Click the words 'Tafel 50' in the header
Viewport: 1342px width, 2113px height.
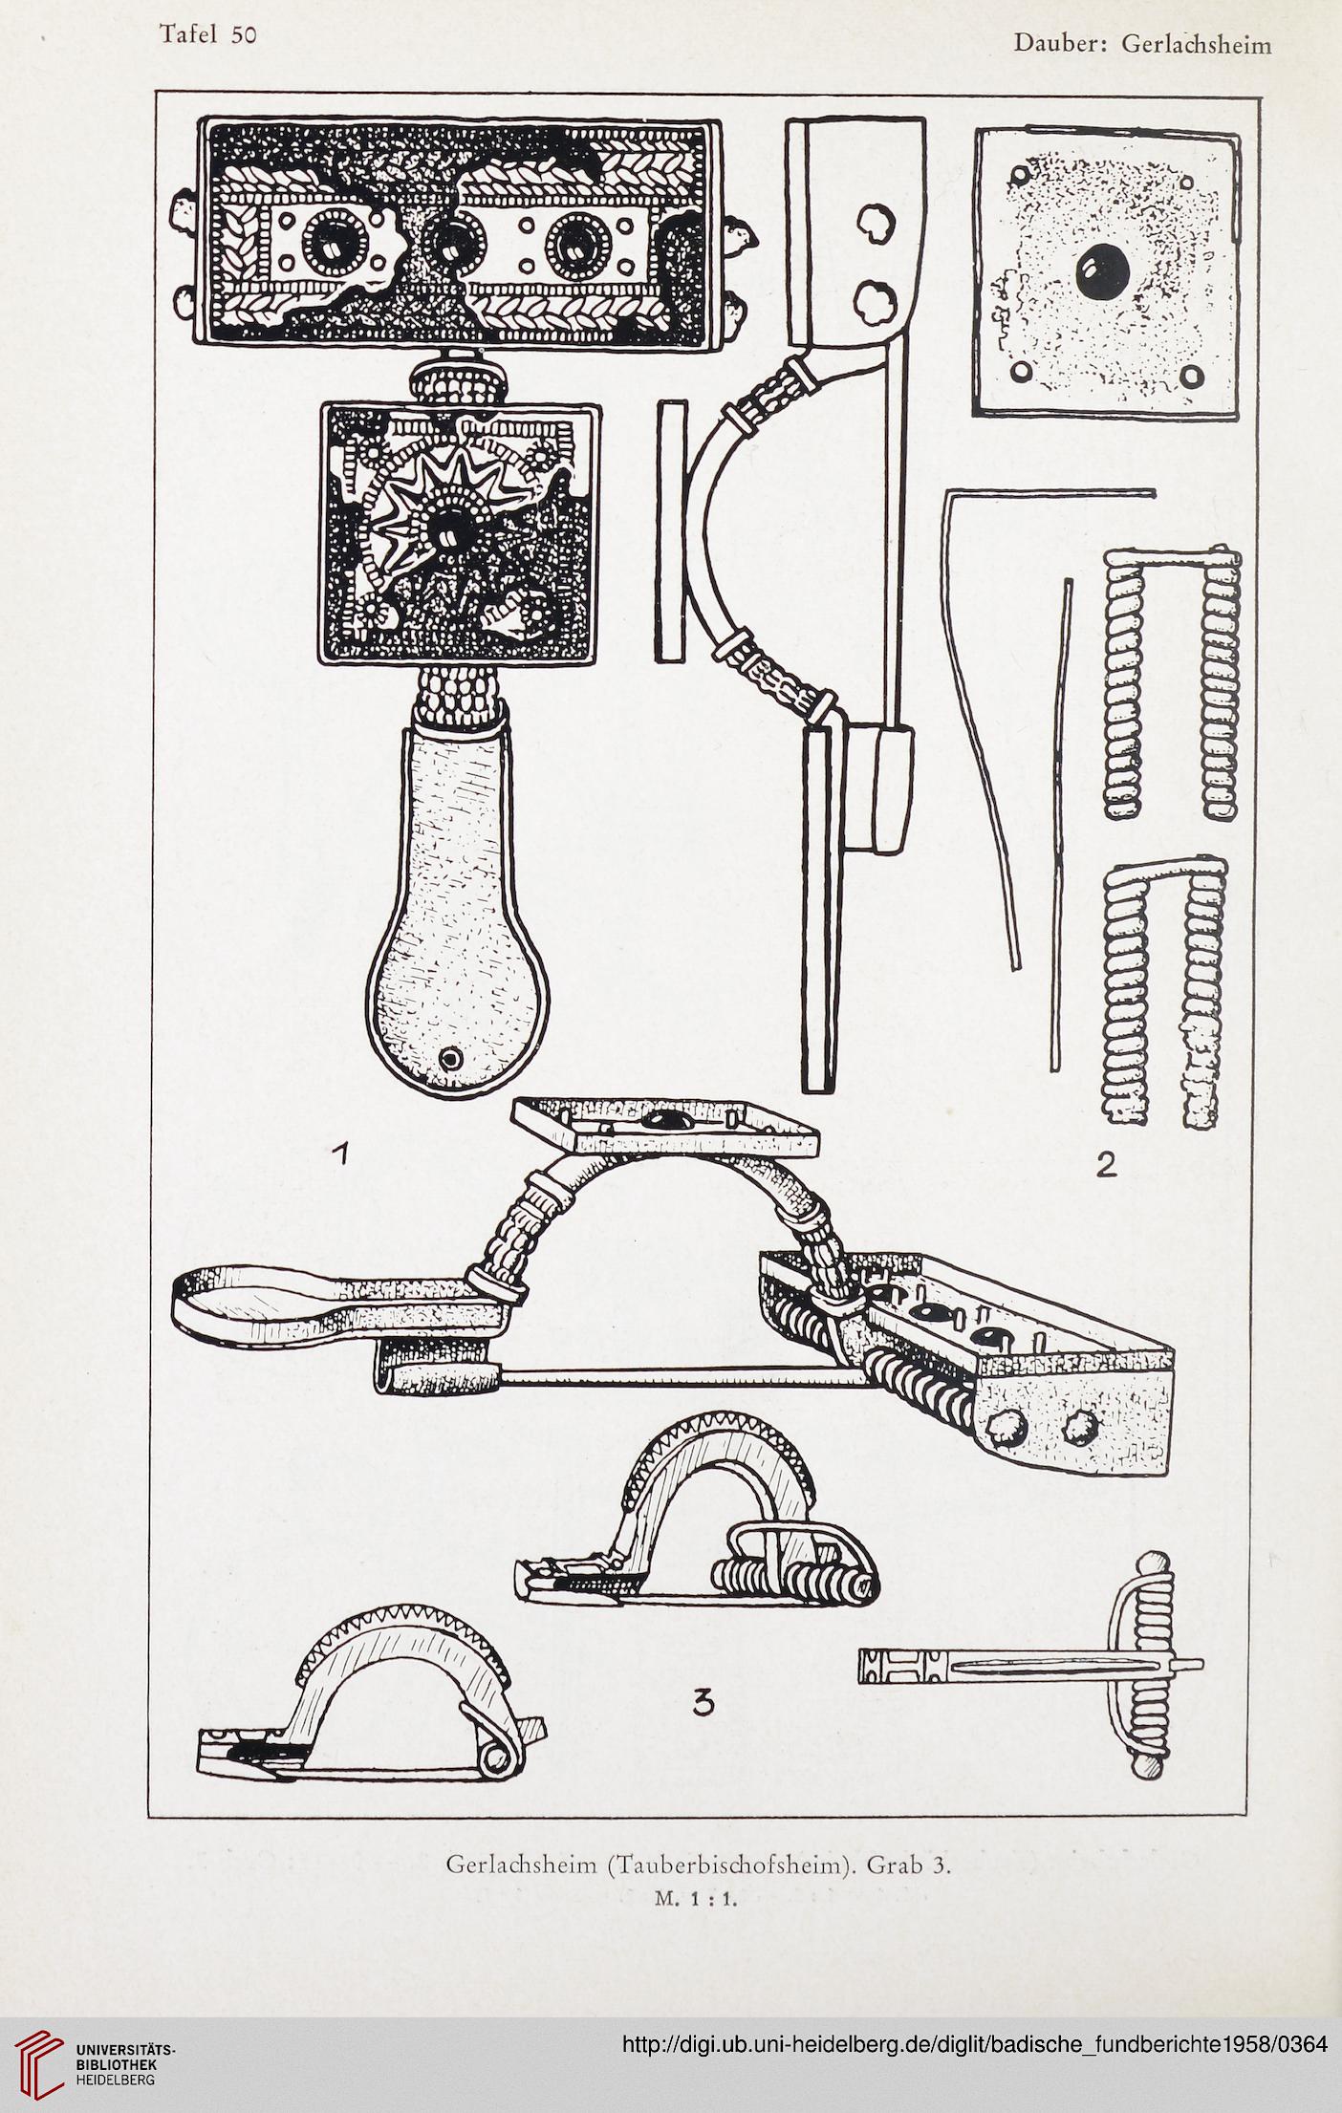(208, 34)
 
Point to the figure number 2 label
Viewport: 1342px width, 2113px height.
(1106, 1165)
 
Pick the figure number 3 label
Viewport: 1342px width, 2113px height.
(703, 1701)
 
